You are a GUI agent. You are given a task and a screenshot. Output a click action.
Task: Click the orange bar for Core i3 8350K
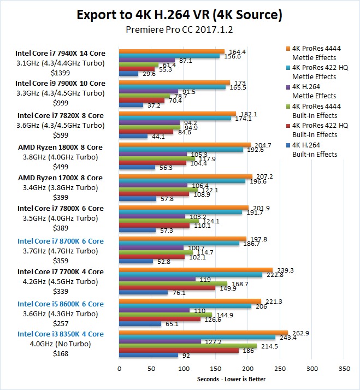pyautogui.click(x=203, y=333)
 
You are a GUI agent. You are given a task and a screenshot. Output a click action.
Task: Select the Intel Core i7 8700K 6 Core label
pyautogui.click(x=60, y=240)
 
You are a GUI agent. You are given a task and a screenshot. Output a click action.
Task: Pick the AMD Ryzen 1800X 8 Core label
pyautogui.click(x=60, y=147)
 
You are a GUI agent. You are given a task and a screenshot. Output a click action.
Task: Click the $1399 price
pyautogui.click(x=60, y=73)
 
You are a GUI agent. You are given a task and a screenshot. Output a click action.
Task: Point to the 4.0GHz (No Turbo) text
pyautogui.click(x=60, y=344)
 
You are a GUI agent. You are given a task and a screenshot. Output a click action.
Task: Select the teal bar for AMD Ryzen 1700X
pyautogui.click(x=180, y=181)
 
